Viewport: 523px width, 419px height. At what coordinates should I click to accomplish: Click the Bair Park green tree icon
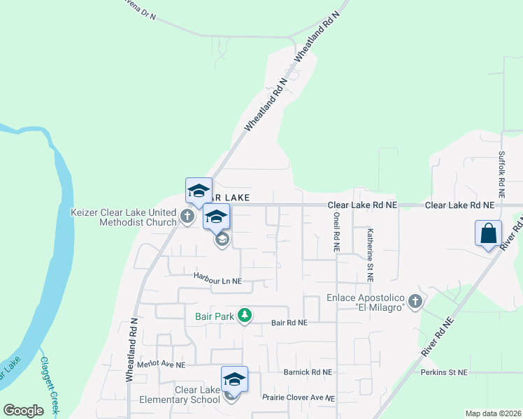244,316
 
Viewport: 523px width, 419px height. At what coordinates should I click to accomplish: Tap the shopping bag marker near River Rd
489,233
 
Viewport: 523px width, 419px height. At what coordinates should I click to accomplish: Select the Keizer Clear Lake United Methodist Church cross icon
187,216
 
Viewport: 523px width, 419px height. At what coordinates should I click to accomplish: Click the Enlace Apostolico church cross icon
415,302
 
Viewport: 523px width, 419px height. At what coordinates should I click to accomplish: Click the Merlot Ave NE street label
162,365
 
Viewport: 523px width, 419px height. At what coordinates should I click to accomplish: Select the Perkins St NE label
443,372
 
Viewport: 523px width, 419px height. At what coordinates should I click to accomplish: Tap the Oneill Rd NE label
336,233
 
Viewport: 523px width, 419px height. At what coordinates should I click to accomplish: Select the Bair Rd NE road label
289,323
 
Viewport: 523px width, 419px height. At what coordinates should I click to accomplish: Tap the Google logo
23,411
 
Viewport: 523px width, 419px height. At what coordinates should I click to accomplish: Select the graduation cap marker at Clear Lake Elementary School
234,379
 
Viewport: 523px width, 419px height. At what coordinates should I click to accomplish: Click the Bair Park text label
214,316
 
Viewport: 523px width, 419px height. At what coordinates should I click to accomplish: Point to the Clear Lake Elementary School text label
187,395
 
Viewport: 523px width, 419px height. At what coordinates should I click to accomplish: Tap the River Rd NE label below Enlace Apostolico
438,339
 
